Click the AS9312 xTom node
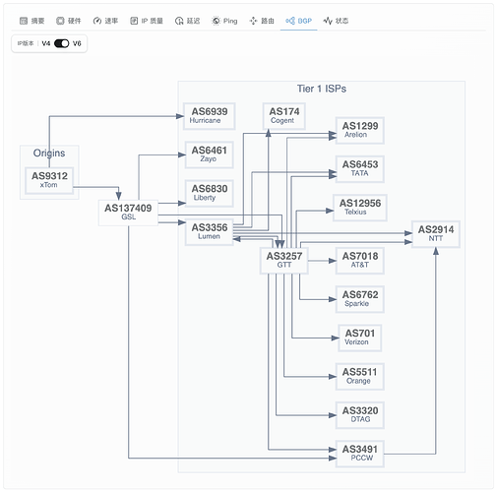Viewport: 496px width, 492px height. (49, 180)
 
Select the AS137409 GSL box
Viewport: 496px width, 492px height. (128, 213)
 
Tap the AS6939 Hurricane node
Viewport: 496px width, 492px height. (210, 116)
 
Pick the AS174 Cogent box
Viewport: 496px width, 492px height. (284, 116)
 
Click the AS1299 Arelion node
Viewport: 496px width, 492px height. (360, 130)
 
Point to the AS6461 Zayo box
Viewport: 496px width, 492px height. (210, 154)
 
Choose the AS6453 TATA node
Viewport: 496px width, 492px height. (360, 169)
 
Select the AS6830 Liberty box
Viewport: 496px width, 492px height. (210, 193)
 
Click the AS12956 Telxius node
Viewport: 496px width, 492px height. (360, 208)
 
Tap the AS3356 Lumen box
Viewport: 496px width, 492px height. (210, 232)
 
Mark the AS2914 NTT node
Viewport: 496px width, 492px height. (436, 234)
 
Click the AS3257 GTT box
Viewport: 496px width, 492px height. (284, 261)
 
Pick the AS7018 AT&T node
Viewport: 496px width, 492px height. (360, 261)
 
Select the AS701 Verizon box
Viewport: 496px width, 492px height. (360, 338)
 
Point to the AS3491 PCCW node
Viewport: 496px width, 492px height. (360, 454)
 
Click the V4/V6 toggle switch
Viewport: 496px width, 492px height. (61, 43)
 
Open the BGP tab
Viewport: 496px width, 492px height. (298, 21)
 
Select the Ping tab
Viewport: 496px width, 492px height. (224, 21)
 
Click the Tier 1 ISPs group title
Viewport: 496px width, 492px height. (322, 89)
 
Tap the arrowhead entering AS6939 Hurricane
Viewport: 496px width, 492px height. (180, 116)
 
